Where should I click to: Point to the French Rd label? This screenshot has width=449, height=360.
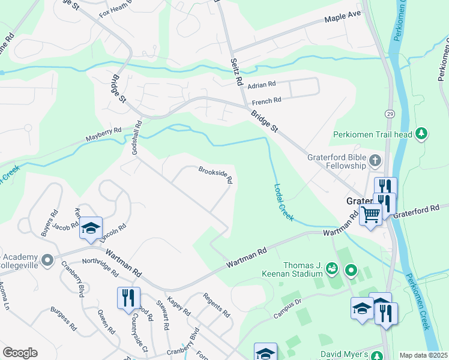(x=267, y=101)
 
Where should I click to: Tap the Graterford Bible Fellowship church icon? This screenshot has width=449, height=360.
(x=375, y=160)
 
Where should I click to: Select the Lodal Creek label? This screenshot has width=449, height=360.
(x=283, y=202)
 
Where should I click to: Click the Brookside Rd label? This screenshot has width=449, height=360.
(x=215, y=175)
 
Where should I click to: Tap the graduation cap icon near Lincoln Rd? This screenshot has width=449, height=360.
(x=91, y=228)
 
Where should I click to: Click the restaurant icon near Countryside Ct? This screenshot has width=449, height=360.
(x=128, y=298)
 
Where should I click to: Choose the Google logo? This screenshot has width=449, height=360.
(x=20, y=353)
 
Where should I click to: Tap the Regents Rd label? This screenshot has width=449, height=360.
(x=217, y=305)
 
